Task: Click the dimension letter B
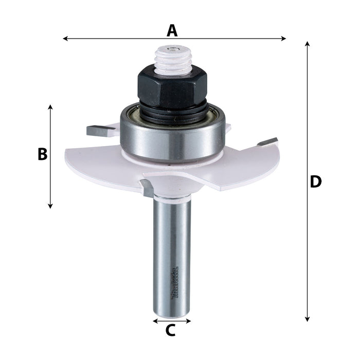[43, 154]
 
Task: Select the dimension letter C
[171, 330]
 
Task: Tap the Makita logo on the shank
[173, 282]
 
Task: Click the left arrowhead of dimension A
[64, 38]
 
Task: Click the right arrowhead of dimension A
[284, 38]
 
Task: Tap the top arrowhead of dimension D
[308, 44]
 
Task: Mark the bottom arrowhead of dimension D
[308, 319]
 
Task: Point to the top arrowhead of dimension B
[50, 107]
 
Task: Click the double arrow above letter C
[172, 321]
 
